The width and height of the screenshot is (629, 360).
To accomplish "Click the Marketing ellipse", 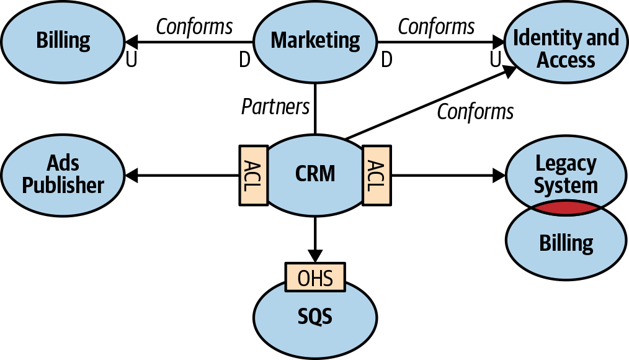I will tap(315, 41).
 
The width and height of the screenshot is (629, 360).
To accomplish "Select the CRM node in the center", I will tap(315, 174).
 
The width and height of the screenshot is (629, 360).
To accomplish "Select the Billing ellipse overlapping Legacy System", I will tap(566, 243).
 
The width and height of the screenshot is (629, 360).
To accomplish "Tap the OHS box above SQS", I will tap(315, 277).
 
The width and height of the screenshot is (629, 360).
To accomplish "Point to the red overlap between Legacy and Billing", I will tap(566, 209).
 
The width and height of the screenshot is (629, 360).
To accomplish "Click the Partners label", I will tap(275, 107).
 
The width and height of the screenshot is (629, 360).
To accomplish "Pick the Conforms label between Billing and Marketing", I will tap(194, 27).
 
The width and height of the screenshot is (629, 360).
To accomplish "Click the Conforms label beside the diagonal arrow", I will tap(475, 112).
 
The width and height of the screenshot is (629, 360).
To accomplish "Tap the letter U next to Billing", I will tap(132, 60).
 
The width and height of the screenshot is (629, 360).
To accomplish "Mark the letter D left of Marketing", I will tap(245, 60).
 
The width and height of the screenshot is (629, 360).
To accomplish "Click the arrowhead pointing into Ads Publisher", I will tap(132, 176).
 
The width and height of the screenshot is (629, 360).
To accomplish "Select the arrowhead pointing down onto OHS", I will tap(315, 255).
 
